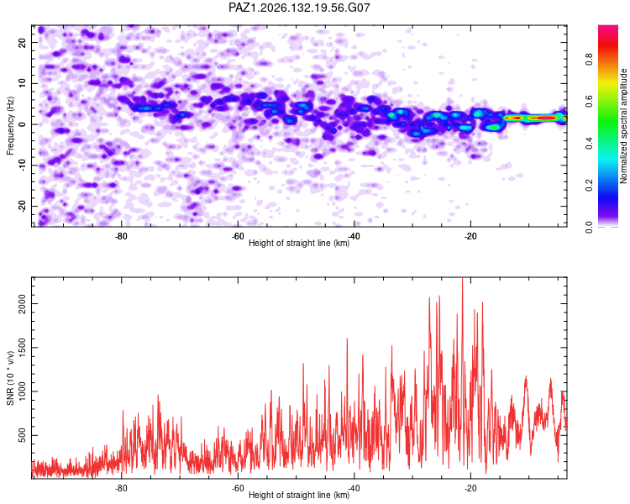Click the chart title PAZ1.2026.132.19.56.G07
tap(299, 8)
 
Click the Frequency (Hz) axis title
tap(10, 126)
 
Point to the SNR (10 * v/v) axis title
tap(10, 378)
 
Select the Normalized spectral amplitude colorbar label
tap(623, 126)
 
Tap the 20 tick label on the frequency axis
tap(23, 42)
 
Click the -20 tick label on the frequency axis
tap(23, 206)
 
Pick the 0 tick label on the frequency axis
tap(23, 124)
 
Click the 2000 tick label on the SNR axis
tap(23, 303)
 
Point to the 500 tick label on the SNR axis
tap(23, 435)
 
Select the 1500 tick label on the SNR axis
tap(23, 348)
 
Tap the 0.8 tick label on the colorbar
tap(589, 60)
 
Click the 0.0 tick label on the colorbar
tap(589, 227)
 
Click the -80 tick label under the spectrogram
tap(121, 236)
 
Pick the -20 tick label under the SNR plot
tap(470, 488)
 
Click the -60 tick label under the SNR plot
tap(238, 488)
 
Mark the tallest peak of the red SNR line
tap(463, 279)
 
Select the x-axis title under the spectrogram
tap(299, 243)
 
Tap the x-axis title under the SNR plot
tap(299, 495)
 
